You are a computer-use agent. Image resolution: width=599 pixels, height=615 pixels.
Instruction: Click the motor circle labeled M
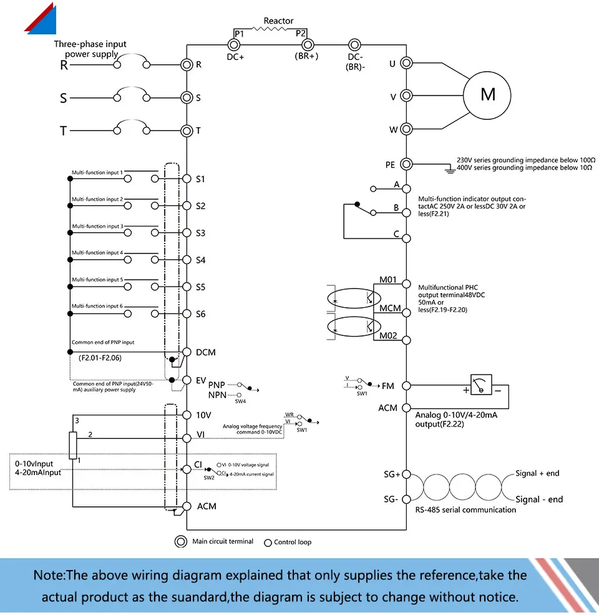(x=487, y=96)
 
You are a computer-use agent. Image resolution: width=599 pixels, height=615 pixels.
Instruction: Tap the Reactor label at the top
(x=278, y=21)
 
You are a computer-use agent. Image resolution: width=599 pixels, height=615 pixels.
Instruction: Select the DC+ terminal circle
(x=235, y=44)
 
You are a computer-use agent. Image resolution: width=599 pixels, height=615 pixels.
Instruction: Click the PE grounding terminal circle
(x=406, y=164)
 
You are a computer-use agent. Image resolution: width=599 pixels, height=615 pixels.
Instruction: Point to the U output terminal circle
(x=406, y=63)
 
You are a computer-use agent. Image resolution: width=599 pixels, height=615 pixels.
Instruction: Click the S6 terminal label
(x=200, y=314)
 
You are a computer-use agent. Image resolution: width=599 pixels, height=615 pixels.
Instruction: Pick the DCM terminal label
(x=205, y=352)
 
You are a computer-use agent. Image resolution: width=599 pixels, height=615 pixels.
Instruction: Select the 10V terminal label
(x=203, y=415)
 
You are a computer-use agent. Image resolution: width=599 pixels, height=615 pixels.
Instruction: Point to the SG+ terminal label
(x=392, y=474)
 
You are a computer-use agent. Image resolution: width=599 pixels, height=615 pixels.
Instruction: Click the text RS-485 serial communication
(x=465, y=509)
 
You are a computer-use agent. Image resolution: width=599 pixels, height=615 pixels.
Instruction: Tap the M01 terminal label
(x=388, y=280)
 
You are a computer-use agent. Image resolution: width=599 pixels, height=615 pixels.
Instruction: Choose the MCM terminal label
(x=390, y=308)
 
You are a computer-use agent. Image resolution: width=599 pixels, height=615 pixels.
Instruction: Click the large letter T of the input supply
(x=63, y=131)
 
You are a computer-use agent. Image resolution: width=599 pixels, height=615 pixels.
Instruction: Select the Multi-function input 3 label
(x=97, y=226)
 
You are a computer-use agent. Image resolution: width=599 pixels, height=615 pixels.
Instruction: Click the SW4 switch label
(x=240, y=401)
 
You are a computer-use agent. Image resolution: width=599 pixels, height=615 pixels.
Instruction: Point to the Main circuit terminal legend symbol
(x=181, y=541)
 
